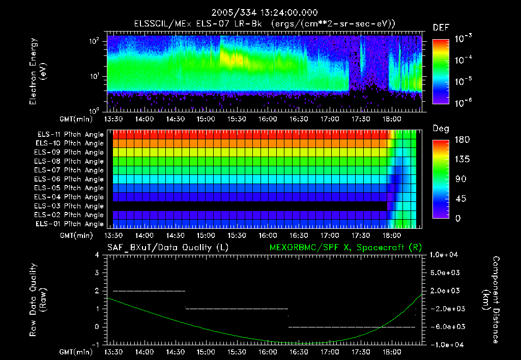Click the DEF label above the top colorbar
(x=441, y=27)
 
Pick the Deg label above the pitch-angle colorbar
(x=441, y=129)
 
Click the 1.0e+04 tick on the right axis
(x=445, y=255)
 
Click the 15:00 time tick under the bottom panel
(x=206, y=352)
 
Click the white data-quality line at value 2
(x=149, y=291)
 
